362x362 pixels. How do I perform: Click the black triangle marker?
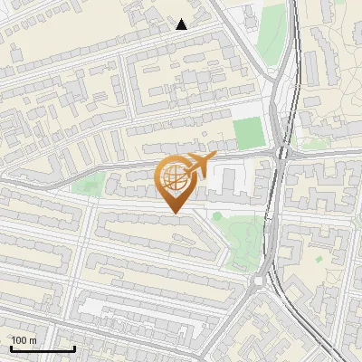point(182,24)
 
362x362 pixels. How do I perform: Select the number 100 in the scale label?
point(21,340)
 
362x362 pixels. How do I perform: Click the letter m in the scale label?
point(34,340)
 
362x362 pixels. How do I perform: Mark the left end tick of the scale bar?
point(11,348)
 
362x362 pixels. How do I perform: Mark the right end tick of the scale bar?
point(74,348)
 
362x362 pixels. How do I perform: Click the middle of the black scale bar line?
point(43,348)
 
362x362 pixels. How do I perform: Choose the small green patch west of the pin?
point(88,187)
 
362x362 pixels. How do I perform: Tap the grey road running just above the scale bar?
point(54,319)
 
